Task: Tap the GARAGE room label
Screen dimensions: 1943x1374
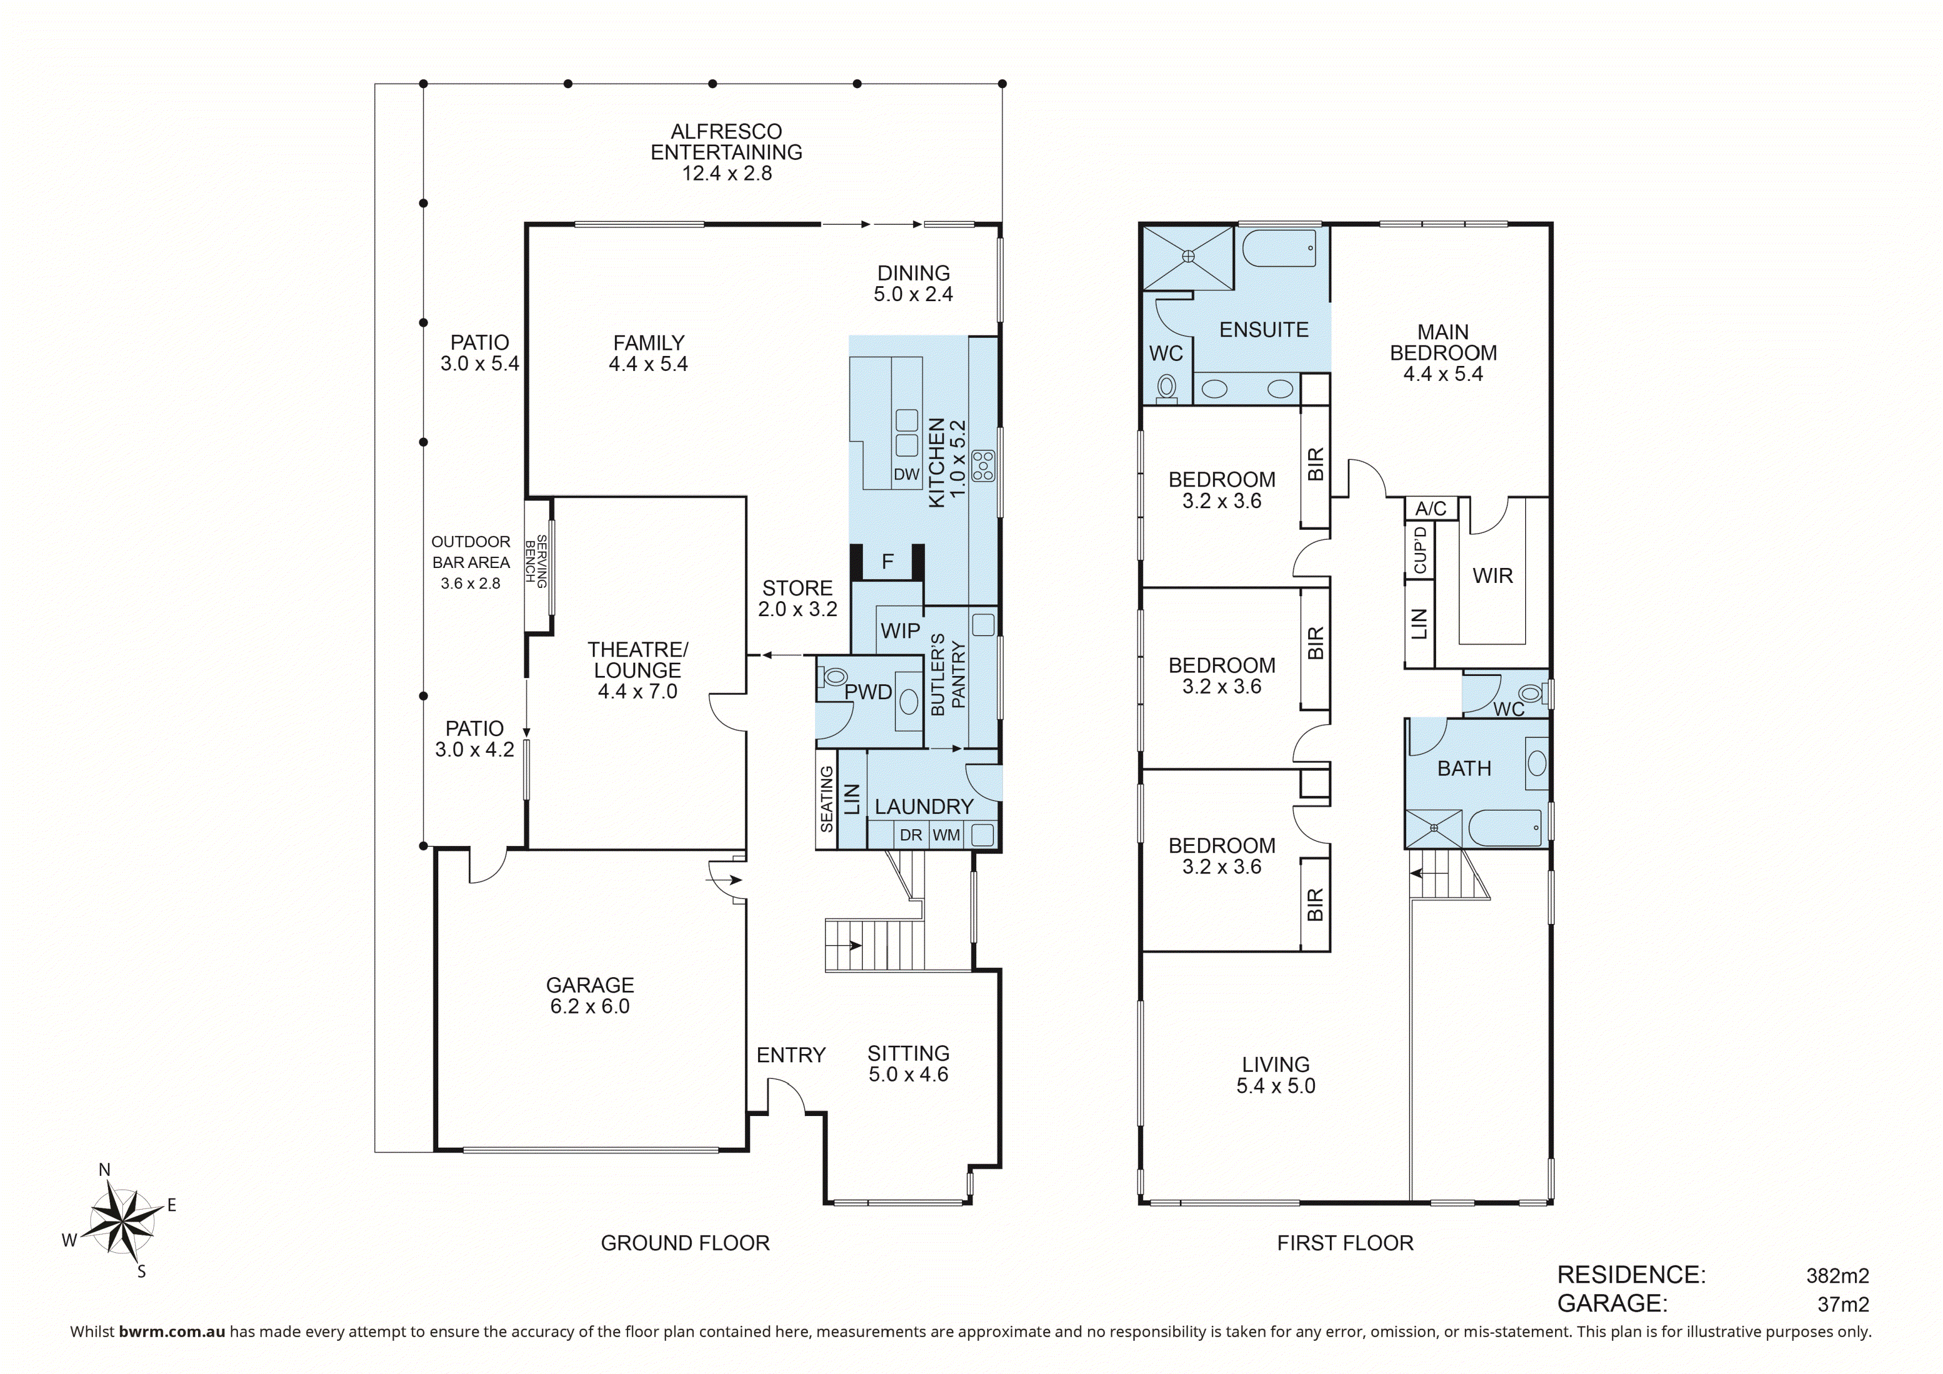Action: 590,985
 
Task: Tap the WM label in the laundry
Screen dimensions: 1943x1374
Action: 946,835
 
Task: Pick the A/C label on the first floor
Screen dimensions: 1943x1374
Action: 1431,508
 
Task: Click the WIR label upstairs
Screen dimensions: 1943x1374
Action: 1493,576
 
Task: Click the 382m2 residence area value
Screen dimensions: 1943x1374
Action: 1837,1275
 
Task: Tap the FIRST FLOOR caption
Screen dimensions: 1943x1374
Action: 1345,1243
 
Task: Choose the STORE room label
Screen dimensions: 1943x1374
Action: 797,587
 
